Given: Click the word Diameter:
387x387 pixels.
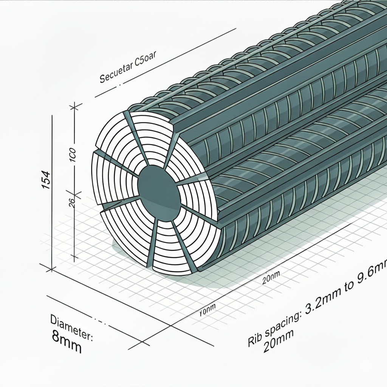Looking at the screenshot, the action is [72, 326].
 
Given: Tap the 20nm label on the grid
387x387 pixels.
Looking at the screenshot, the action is [271, 279].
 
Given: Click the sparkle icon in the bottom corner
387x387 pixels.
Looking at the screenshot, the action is [365, 365].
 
